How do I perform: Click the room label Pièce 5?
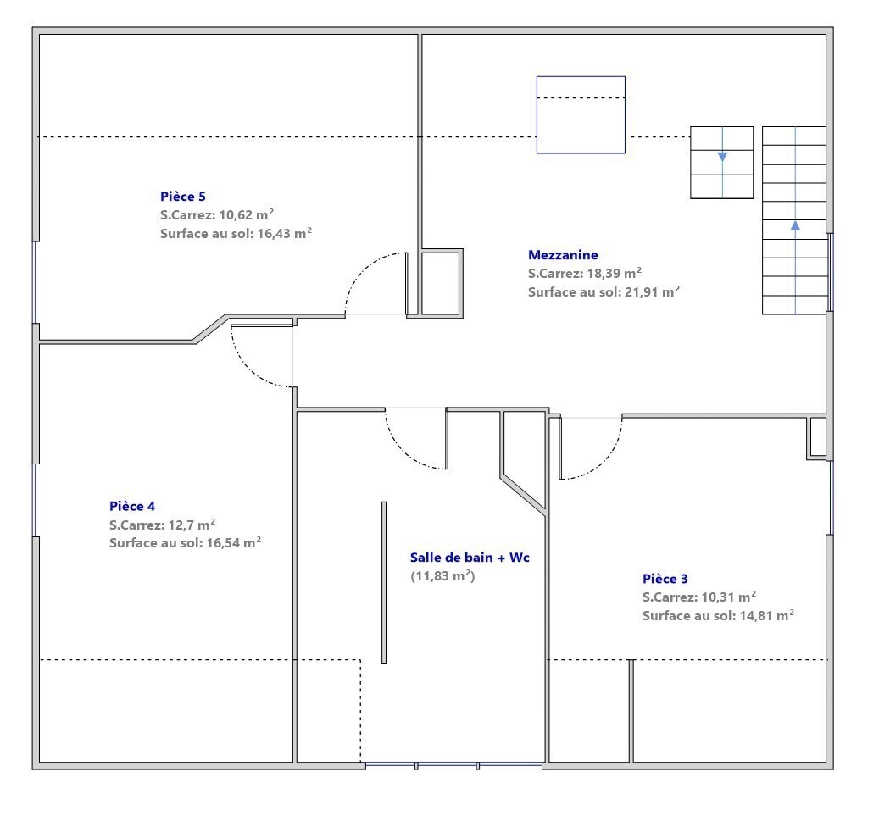click(183, 196)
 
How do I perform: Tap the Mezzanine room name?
click(563, 255)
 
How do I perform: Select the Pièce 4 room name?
click(132, 506)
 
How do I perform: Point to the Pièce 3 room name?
click(665, 579)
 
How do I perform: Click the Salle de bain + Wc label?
click(470, 557)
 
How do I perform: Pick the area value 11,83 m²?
click(442, 575)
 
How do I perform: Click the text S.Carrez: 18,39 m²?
click(585, 273)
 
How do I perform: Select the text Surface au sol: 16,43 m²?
click(236, 233)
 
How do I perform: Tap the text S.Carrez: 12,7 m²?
click(163, 525)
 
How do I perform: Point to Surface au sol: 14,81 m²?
click(718, 615)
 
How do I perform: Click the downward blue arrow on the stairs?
click(722, 157)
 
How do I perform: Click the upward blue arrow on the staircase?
click(795, 225)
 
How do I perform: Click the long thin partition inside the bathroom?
click(384, 583)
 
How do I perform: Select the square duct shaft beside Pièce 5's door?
click(442, 283)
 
